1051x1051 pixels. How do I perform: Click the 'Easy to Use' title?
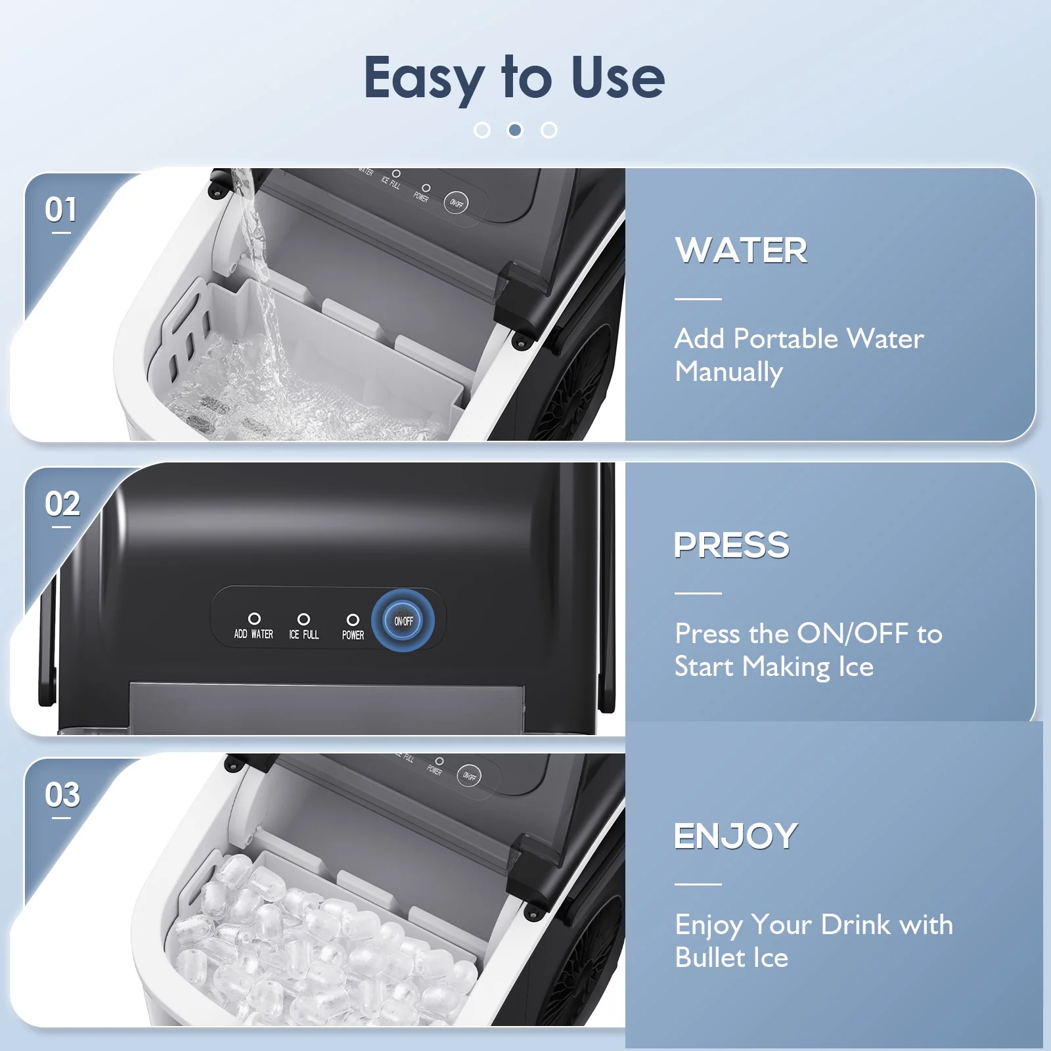[514, 78]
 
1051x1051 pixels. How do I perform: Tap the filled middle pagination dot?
[516, 130]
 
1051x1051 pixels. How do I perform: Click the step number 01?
[61, 210]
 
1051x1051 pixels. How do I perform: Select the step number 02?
[62, 504]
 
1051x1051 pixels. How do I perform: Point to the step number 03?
[62, 795]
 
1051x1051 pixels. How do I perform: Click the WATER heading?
[741, 250]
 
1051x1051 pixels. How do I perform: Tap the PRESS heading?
[732, 545]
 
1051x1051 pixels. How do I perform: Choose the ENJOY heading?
[736, 836]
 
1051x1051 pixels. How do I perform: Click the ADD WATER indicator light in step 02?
[254, 619]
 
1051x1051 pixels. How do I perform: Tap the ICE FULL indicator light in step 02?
[303, 619]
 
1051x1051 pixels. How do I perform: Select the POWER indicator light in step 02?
[353, 619]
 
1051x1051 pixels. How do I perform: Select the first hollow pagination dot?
[482, 130]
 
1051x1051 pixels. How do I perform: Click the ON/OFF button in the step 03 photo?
[469, 776]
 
